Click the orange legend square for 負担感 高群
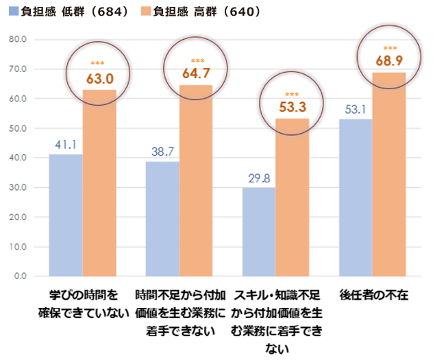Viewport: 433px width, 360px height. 145,12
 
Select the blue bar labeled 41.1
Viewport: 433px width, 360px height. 66,215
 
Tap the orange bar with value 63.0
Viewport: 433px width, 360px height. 99,183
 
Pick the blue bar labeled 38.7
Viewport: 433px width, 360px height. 162,219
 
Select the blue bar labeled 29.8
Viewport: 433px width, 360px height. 259,232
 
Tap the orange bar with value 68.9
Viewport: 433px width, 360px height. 389,174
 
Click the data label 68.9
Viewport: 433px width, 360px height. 389,61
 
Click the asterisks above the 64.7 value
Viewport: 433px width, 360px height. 197,60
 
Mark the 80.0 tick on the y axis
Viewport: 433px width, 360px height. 18,39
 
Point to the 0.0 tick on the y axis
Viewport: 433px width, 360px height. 20,276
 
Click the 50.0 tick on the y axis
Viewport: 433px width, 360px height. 18,128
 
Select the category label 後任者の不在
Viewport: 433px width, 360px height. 373,296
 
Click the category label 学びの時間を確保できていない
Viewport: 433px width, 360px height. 84,305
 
